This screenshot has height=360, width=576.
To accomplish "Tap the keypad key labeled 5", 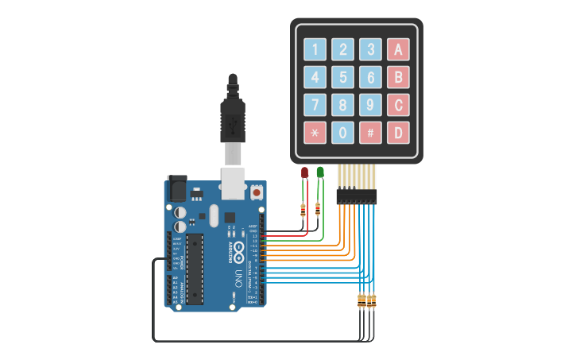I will coord(342,77).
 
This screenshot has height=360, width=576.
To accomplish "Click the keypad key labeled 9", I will coord(370,104).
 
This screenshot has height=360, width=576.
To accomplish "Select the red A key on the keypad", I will coord(398,49).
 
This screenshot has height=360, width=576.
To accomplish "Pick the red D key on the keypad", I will coord(398,132).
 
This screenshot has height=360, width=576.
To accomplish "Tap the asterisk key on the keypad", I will coord(315,132).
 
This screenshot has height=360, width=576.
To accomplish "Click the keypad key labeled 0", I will coord(342,132).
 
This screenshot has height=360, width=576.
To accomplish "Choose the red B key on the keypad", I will coord(398,77).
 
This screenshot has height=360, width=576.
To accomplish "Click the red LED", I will coord(304,172).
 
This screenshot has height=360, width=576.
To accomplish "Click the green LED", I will coord(320,172).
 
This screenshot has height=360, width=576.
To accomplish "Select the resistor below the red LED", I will coord(303,211).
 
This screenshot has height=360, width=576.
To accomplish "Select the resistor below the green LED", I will coord(319,209).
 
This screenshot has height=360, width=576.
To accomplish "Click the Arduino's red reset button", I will coord(257,192).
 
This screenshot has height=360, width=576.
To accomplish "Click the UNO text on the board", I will coord(238,278).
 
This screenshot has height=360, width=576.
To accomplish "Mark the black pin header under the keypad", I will coord(356,195).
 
